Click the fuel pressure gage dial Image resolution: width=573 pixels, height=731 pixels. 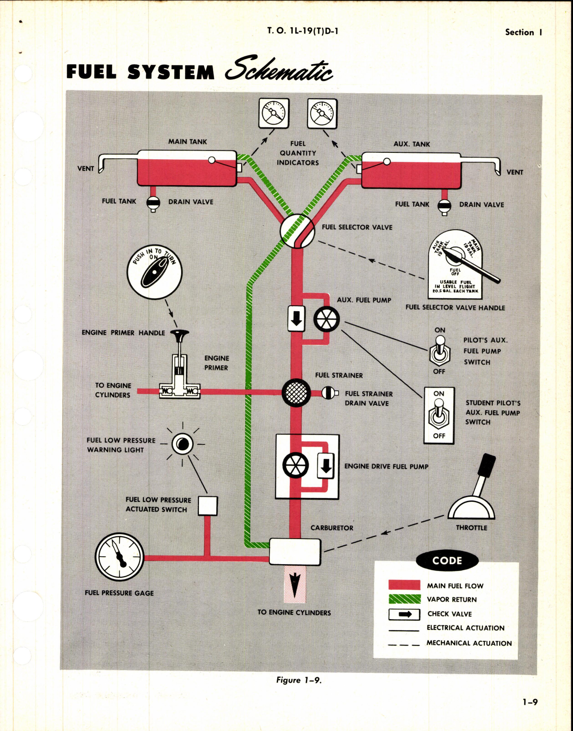119,557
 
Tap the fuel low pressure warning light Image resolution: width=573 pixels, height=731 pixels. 183,444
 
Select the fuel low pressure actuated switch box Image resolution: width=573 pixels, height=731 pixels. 208,506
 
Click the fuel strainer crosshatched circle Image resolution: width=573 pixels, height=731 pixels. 296,393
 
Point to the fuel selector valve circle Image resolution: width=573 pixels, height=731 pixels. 297,231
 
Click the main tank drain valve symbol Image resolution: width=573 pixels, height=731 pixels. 153,203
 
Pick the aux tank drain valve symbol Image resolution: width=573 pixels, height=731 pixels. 444,206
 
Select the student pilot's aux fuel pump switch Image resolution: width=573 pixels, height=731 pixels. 439,414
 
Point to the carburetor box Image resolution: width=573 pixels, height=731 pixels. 295,551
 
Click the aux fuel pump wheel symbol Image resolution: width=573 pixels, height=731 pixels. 326,319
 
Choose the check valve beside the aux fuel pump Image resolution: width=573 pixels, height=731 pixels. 296,318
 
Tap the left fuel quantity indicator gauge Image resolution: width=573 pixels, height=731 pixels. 274,113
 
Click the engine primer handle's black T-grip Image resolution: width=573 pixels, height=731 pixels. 179,335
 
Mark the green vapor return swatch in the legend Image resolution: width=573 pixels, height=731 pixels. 405,599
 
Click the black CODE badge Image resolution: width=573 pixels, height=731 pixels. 447,561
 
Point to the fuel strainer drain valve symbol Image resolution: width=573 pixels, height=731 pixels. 330,393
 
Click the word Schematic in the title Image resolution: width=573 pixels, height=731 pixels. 279,70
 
